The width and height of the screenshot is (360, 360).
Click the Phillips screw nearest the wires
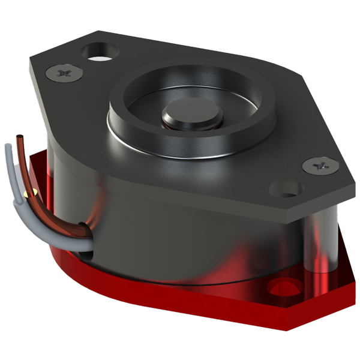(x=62, y=73)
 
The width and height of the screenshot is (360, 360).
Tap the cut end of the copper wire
(x=20, y=137)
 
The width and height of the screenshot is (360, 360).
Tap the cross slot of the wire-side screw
(x=62, y=73)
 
